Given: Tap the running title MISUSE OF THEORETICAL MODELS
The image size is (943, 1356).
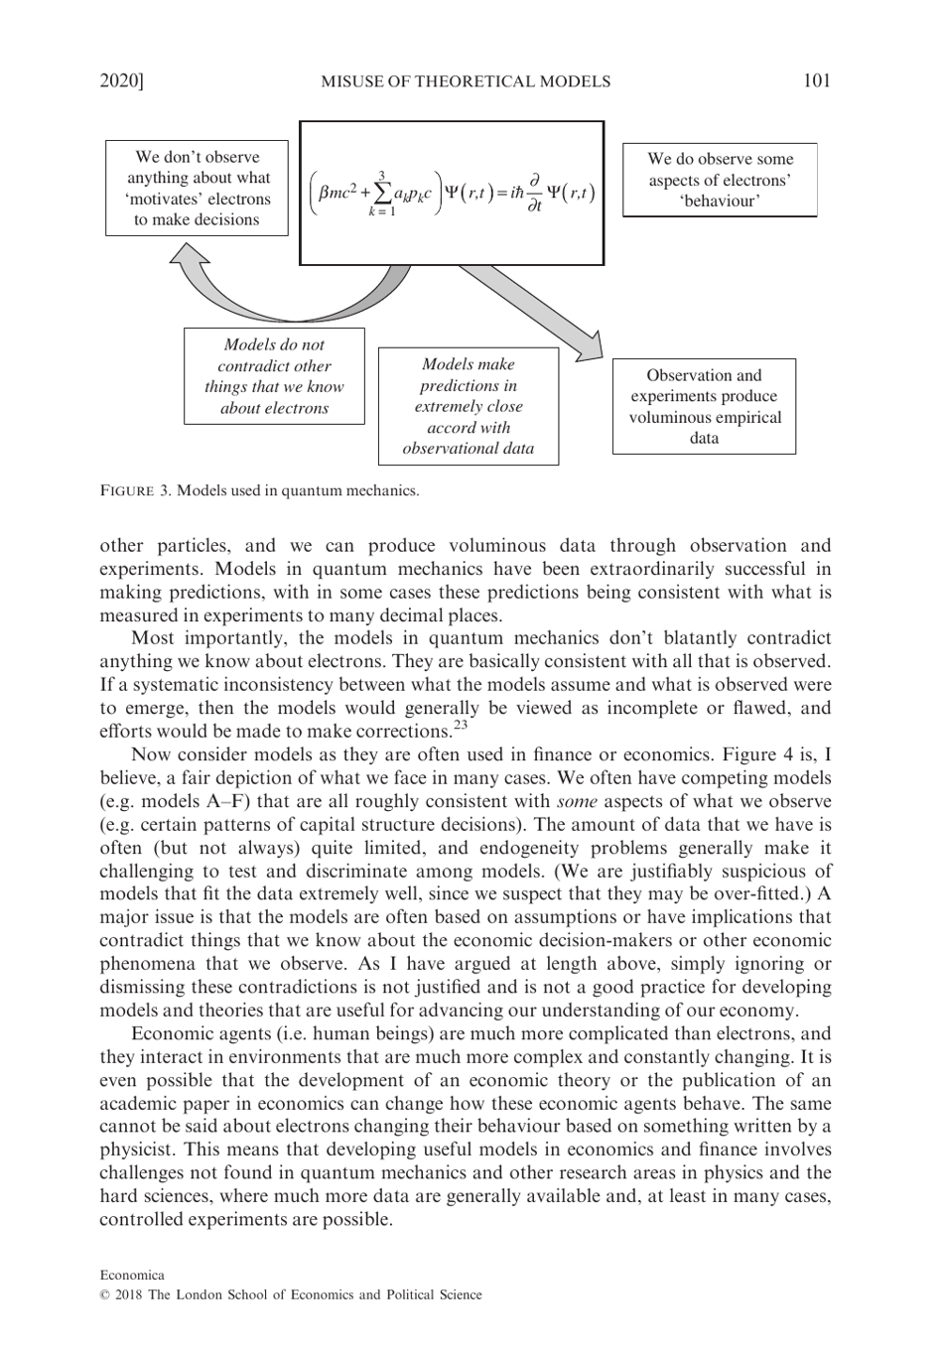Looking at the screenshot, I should [x=466, y=81].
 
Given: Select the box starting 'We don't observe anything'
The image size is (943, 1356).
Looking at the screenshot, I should [x=198, y=189].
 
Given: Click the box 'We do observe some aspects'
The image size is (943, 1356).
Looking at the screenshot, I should [x=720, y=180].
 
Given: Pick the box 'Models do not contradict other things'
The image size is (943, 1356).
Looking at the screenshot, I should [x=274, y=376].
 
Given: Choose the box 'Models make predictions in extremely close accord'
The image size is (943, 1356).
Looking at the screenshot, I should [x=469, y=406].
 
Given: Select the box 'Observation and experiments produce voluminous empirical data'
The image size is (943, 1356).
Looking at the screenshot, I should [x=704, y=406].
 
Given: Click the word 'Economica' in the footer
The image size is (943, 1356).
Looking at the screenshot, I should [x=132, y=1275].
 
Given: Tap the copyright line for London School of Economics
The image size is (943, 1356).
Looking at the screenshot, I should [x=291, y=1294].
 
